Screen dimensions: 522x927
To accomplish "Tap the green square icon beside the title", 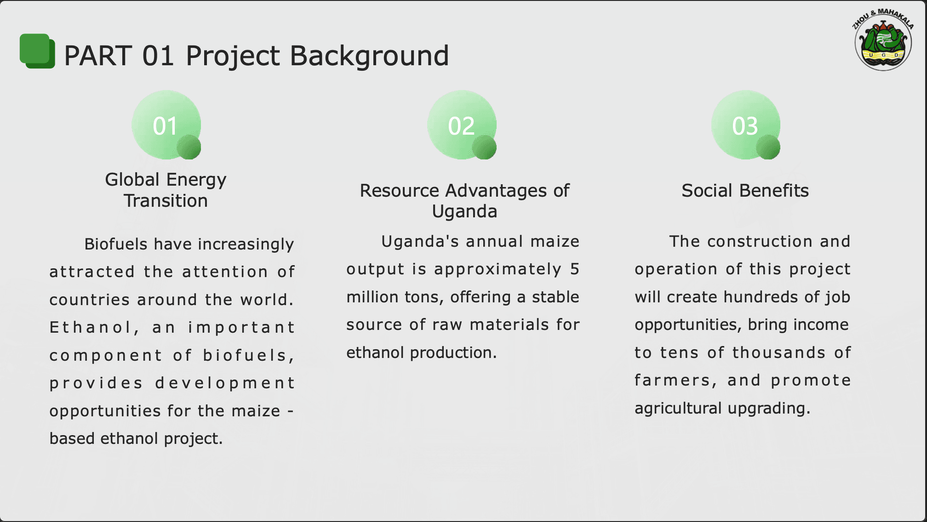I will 37,51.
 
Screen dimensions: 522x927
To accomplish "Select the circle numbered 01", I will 166,125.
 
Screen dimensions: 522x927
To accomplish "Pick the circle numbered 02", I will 462,125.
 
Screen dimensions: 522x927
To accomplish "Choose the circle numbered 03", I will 745,125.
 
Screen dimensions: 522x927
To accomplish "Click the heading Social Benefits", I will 745,190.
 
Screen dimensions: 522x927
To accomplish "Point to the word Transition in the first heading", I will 166,201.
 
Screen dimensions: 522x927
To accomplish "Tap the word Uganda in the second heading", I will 464,211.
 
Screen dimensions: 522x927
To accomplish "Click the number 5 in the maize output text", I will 574,269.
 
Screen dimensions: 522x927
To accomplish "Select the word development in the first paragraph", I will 225,383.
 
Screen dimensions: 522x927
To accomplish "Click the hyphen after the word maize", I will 290,411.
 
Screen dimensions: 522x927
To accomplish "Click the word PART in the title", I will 98,56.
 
